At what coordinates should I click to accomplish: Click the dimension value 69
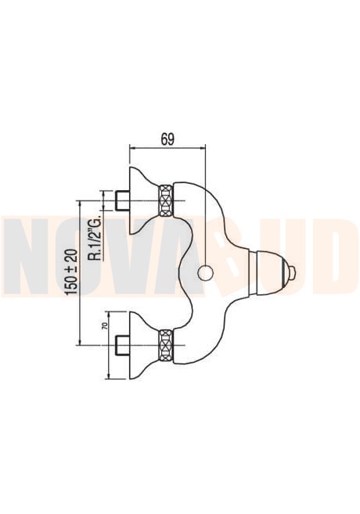(167, 139)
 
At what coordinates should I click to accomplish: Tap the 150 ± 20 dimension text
(72, 271)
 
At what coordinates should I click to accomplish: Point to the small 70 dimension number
(105, 325)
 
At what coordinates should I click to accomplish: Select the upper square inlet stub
(123, 200)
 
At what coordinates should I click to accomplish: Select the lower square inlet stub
(123, 345)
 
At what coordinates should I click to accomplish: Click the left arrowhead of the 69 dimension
(132, 148)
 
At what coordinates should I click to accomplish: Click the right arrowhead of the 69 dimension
(203, 148)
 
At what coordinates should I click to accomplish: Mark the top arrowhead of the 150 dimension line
(81, 203)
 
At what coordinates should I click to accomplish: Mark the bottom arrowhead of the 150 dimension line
(81, 342)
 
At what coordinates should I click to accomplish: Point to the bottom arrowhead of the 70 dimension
(109, 376)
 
